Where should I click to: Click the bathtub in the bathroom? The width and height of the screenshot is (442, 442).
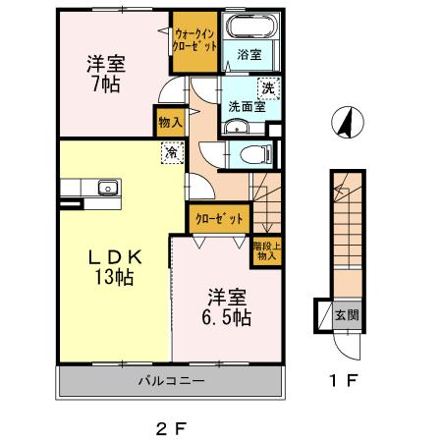[249, 28]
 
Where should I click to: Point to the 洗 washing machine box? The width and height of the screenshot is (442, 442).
[268, 89]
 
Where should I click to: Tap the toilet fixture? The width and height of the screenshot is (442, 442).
[253, 153]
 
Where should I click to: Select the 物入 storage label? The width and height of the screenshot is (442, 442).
[169, 122]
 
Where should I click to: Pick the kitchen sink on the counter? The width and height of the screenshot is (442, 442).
[105, 188]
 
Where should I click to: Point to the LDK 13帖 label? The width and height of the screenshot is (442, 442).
[114, 266]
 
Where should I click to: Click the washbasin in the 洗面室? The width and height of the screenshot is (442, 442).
[235, 128]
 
